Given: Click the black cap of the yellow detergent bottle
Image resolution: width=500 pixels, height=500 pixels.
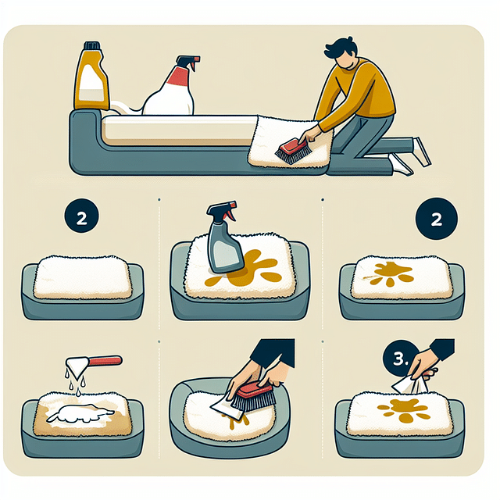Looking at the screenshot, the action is point(92,45).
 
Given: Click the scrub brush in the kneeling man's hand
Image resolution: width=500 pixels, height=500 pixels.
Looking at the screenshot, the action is point(291,152).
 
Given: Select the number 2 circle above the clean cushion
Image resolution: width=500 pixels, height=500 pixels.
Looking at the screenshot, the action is point(81,216).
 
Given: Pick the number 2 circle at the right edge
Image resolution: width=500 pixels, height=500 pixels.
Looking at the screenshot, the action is point(437,219).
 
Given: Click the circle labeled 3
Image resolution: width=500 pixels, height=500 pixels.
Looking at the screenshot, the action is point(400,359).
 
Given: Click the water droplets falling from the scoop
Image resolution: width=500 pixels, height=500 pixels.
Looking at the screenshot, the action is point(75,382).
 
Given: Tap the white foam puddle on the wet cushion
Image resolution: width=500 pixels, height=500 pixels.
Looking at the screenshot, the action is point(80,413).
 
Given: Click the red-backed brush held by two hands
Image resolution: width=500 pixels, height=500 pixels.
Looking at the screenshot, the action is point(252,396).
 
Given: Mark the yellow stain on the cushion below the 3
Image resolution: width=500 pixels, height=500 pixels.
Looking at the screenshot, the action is point(403,409).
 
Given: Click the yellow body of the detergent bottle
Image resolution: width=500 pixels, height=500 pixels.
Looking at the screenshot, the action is point(91,79).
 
